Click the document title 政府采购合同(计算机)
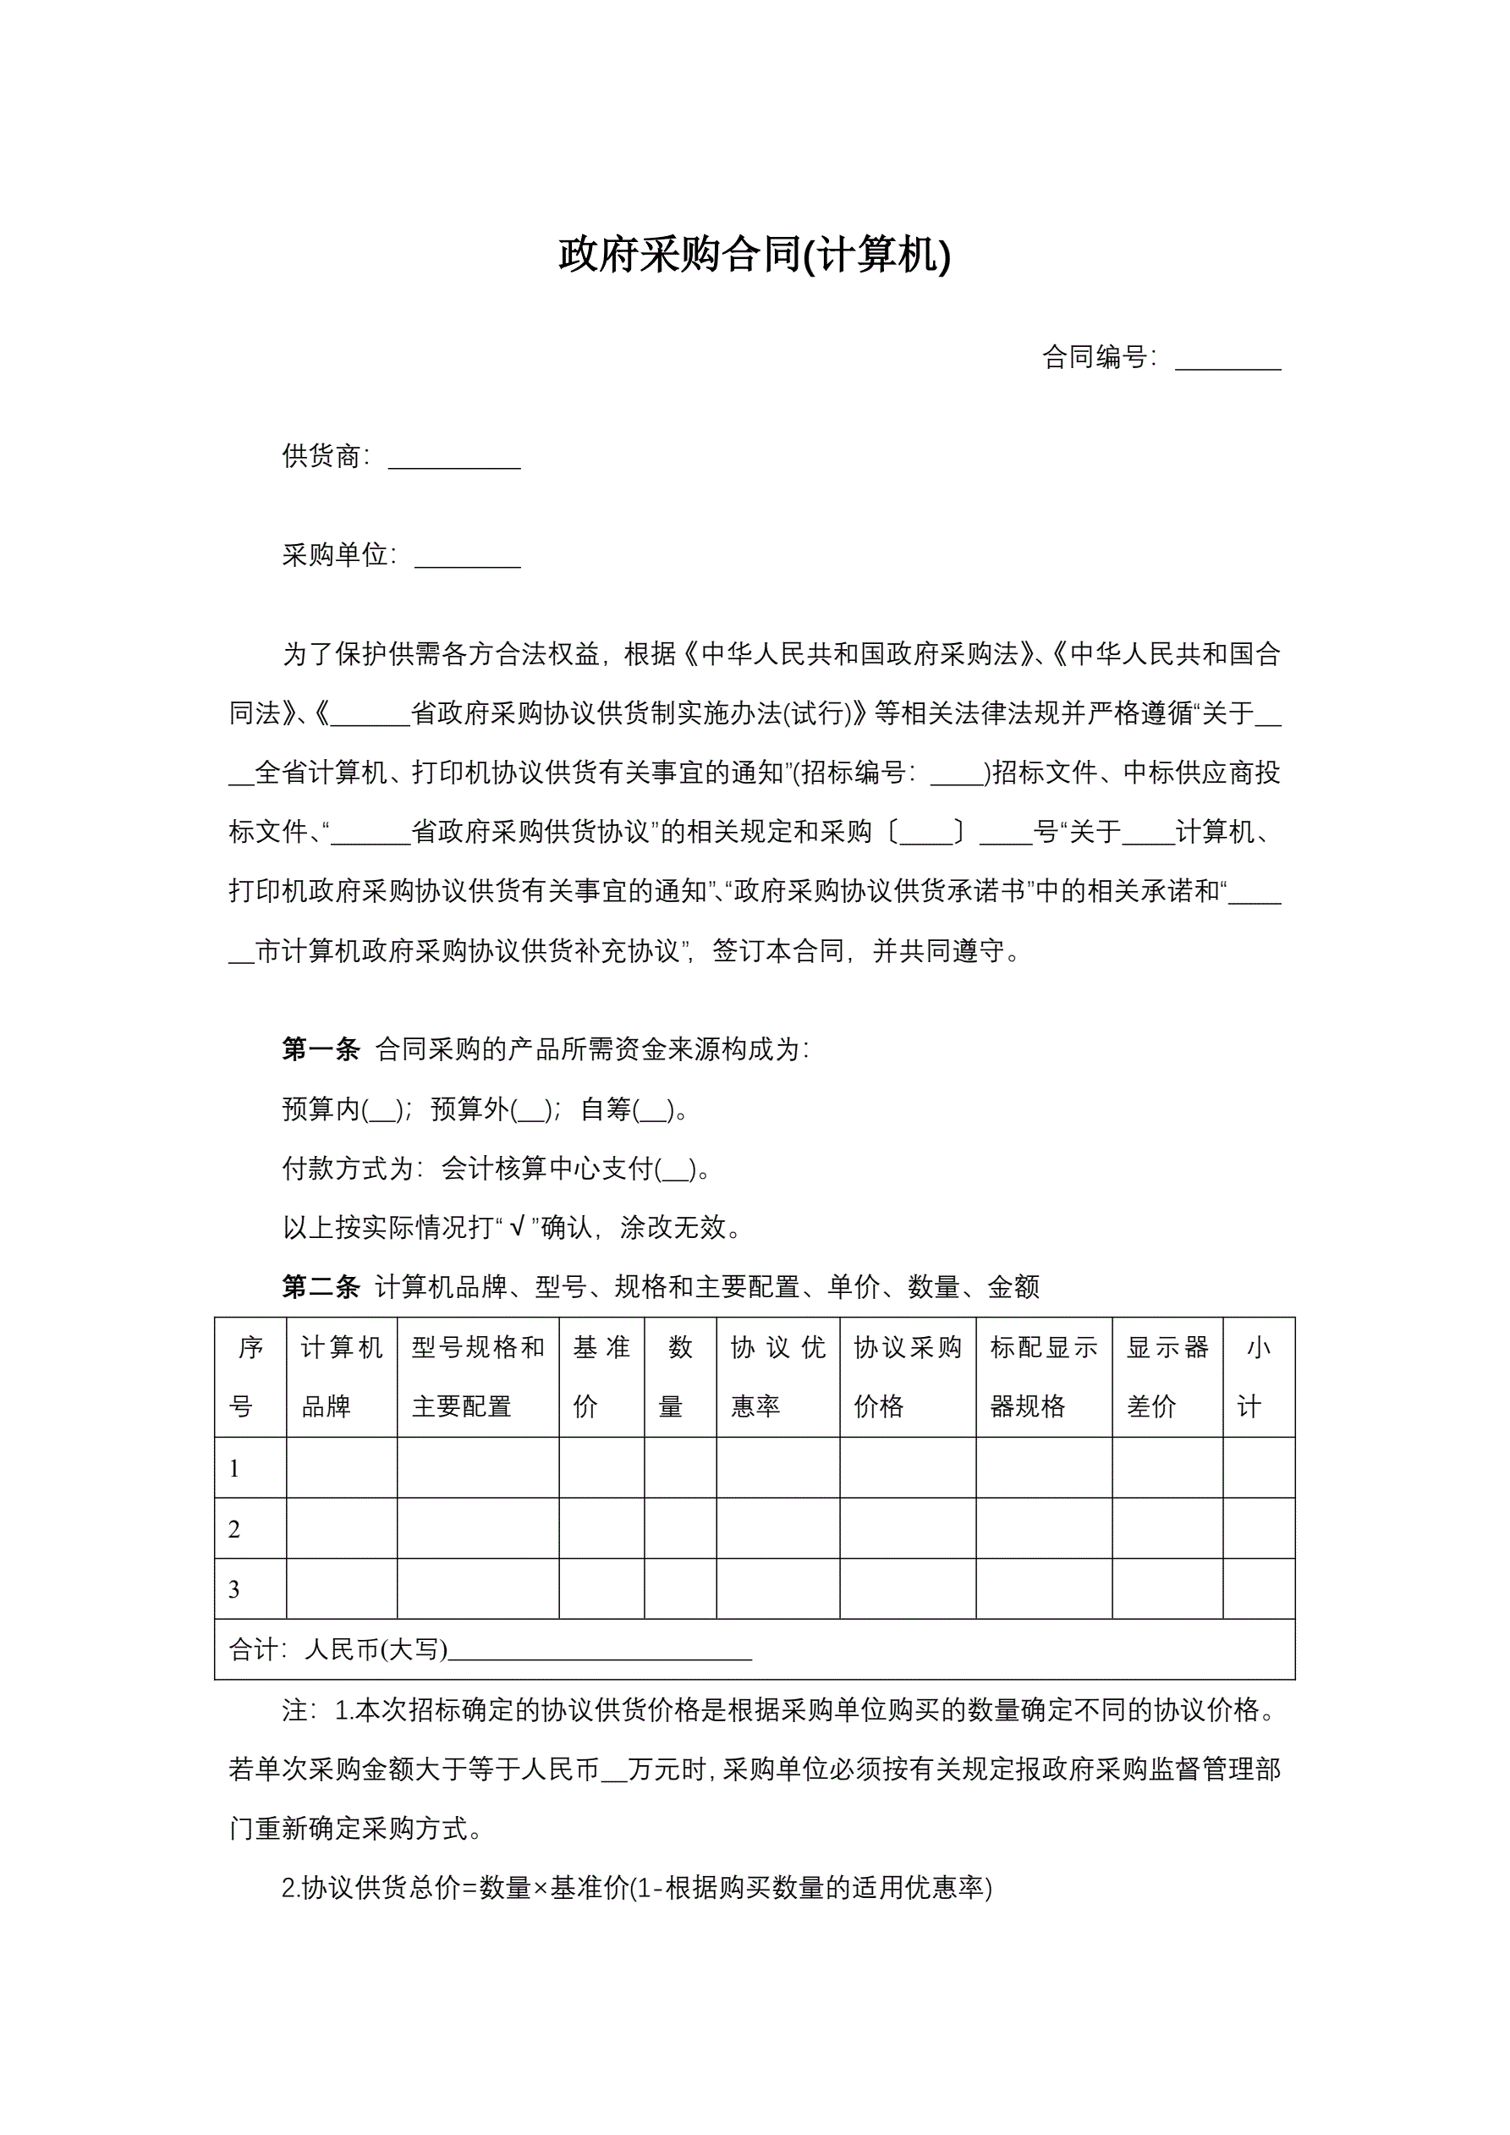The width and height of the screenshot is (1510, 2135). point(754,255)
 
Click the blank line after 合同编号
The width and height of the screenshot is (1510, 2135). point(1227,360)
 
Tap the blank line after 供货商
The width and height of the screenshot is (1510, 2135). point(453,459)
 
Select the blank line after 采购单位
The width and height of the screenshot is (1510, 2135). point(467,559)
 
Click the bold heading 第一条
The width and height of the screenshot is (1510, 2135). point(321,1050)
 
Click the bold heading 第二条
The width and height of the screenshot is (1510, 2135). point(321,1287)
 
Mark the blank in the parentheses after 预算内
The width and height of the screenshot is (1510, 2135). point(382,1111)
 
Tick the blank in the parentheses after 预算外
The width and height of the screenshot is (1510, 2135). point(531,1111)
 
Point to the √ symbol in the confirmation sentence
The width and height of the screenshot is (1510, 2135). point(517,1228)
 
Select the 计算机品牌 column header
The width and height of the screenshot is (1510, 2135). point(341,1377)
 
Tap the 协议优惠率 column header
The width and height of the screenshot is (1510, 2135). point(777,1377)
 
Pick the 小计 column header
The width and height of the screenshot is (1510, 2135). point(1257,1377)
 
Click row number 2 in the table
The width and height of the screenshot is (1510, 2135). point(234,1529)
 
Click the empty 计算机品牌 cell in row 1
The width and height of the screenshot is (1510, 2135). point(341,1468)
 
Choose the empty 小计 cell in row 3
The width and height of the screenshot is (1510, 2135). point(1258,1589)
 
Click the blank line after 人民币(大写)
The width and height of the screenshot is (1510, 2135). point(600,1654)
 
